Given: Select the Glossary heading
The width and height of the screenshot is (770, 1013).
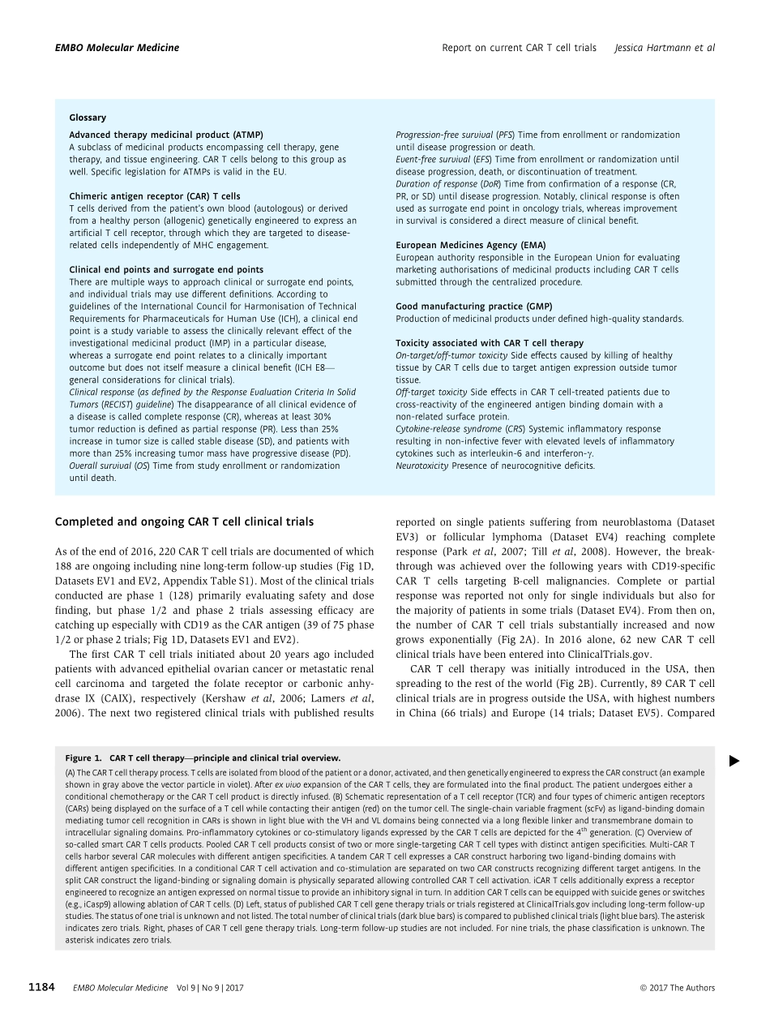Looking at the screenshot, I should tap(88, 118).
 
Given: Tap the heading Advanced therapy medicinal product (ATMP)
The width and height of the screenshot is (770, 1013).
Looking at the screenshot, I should tap(166, 135).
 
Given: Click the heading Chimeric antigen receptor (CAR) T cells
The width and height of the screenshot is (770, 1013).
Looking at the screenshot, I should tap(155, 196).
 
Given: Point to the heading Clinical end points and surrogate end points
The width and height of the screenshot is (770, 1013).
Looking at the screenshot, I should tap(166, 269).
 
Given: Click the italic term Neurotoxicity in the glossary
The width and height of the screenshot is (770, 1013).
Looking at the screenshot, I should tap(419, 466).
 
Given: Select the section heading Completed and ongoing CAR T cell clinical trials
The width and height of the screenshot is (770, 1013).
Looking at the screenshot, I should tap(183, 522).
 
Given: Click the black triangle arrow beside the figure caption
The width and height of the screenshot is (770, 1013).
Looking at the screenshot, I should tap(734, 760).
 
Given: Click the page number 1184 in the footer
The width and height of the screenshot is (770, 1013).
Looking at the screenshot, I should tap(41, 987).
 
